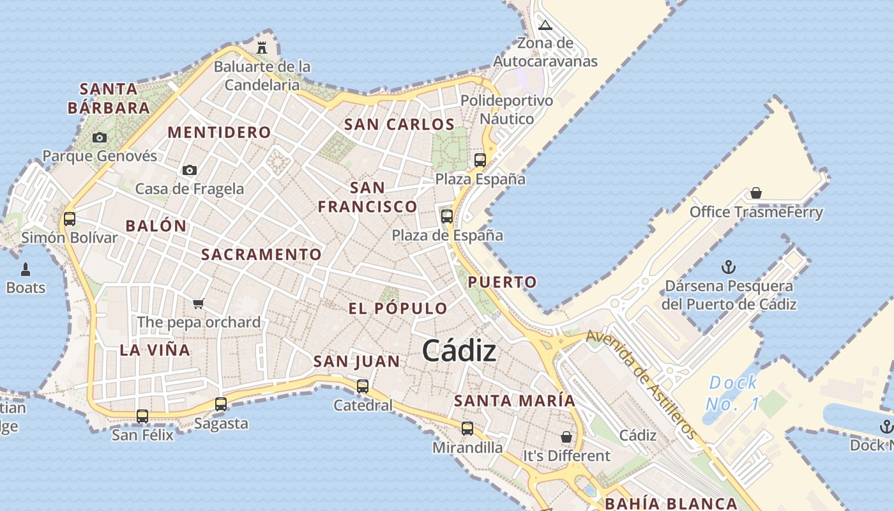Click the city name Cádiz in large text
(459, 351)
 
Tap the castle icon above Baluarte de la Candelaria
(262, 47)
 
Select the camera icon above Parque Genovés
(99, 137)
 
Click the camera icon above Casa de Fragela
(189, 170)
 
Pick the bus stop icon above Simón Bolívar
(70, 219)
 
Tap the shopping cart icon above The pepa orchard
(199, 303)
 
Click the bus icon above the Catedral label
(363, 386)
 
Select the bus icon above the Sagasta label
(221, 404)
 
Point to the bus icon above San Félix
(142, 416)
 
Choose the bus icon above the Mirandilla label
(467, 428)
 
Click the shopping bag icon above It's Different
(566, 437)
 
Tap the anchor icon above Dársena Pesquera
(729, 267)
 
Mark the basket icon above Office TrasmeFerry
(756, 193)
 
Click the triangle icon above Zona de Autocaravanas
(545, 26)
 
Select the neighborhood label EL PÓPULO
(398, 309)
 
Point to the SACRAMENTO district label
(261, 254)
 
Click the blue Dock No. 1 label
(733, 393)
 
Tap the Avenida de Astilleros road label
(642, 384)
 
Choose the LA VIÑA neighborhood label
(155, 350)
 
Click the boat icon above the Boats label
(26, 269)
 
